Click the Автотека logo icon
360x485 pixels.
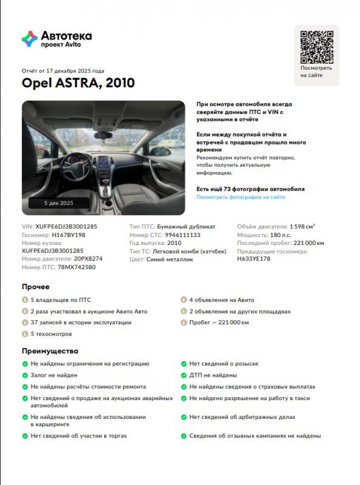click(30, 39)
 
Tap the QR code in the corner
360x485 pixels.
click(316, 47)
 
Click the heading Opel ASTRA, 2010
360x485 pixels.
click(78, 83)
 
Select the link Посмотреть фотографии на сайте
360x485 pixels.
click(240, 197)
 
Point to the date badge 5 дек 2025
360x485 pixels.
click(59, 203)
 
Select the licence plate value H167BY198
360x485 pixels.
click(68, 235)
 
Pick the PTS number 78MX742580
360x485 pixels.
click(77, 267)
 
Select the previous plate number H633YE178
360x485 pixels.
click(253, 259)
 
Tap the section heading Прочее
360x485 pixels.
click(36, 287)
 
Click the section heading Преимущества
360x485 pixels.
click(50, 351)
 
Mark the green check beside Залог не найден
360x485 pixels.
click(25, 375)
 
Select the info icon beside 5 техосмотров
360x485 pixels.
click(25, 334)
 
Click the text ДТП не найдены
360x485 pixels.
click(213, 375)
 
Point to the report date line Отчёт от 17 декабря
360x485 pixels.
click(63, 71)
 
